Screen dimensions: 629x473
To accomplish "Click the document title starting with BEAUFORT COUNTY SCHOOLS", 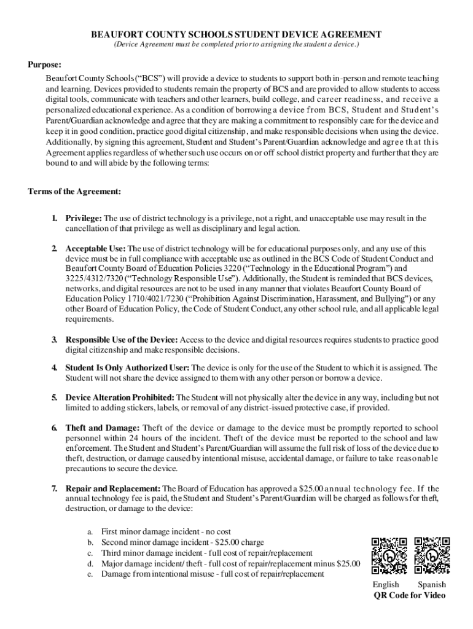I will (x=237, y=35).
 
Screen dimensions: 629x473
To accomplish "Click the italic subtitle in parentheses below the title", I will (x=237, y=45).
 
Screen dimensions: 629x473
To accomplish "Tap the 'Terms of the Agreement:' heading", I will (x=74, y=192).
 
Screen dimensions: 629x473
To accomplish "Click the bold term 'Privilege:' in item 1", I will (x=84, y=218).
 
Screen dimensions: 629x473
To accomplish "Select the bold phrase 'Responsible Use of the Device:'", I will (x=122, y=340).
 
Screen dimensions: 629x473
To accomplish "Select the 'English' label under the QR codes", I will (x=386, y=585).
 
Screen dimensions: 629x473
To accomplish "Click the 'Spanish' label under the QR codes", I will (x=432, y=585).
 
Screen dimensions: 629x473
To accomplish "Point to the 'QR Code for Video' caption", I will (x=409, y=596).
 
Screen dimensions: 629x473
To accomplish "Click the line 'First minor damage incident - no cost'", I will (x=166, y=531).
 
